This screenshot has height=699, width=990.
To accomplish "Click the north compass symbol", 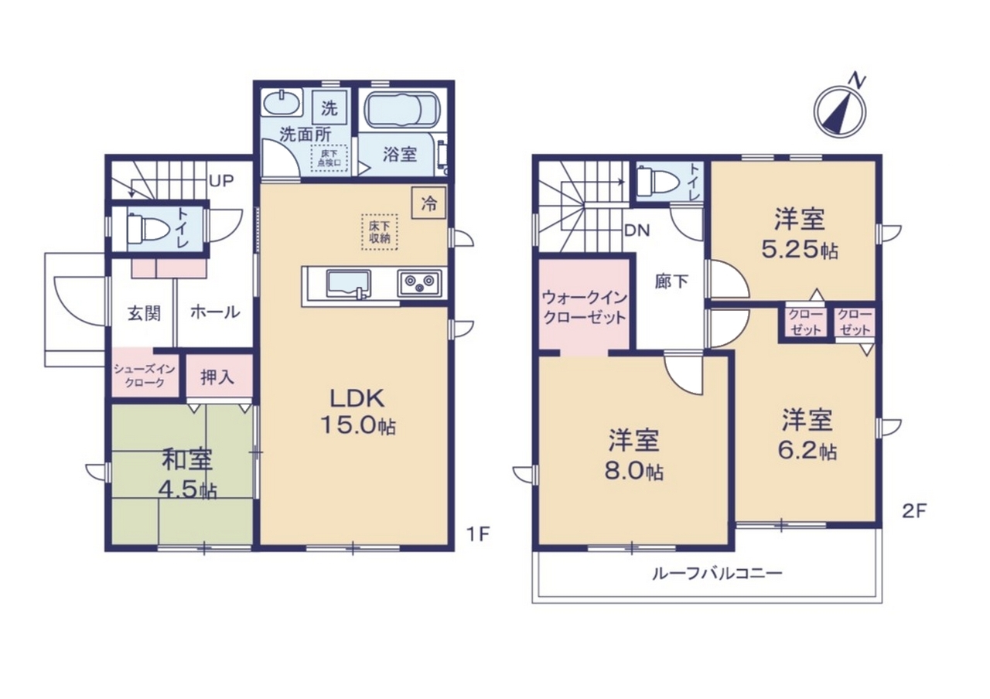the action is point(840,111).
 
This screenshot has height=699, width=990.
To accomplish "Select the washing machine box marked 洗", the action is point(329,108).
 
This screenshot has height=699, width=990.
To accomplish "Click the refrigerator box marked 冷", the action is point(428,203).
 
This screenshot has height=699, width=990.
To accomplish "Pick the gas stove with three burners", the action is point(419,284).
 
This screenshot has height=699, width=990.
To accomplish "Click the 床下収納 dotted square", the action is point(379,233).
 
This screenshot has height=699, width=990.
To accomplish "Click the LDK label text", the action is point(357,400).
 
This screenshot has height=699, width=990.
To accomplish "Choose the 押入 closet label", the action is point(217,378).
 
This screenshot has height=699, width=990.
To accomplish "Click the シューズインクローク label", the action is point(145,376).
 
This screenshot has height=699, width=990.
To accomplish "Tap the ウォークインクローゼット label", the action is point(584,308).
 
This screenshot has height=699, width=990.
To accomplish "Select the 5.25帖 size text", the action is point(799,251).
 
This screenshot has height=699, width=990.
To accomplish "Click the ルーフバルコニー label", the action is point(717,575).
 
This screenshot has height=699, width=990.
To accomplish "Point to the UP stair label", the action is point(221,181).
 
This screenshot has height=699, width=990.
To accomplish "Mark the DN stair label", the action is point(637,230).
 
